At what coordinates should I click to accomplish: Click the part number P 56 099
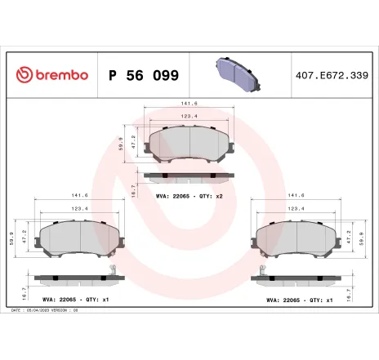pos(144,75)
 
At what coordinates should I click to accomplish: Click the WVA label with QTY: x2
pos(189,195)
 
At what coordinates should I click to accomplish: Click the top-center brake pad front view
pos(189,144)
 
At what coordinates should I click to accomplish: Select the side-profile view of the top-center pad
pos(189,176)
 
